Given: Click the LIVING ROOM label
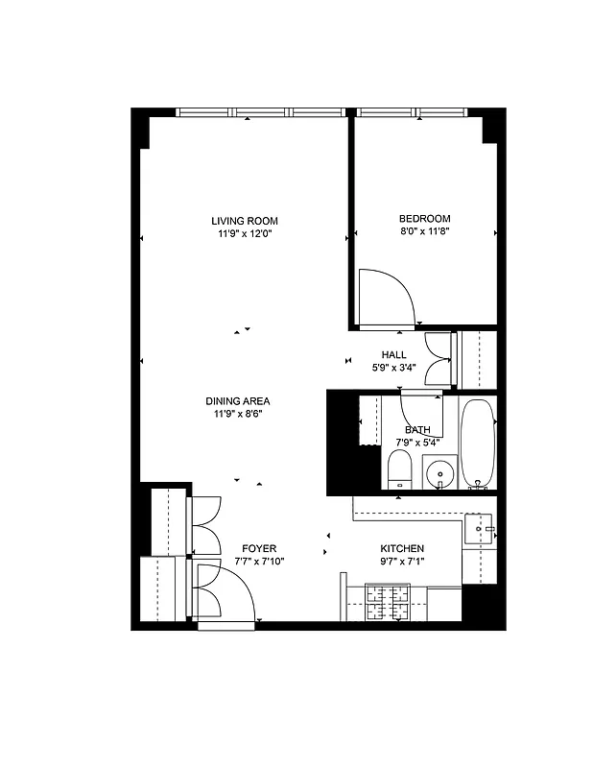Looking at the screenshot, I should coord(245,221).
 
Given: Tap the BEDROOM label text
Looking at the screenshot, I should coord(423,218).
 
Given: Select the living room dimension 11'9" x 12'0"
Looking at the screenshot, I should coord(245,233).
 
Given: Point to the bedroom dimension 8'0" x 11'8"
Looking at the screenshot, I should coord(423,230).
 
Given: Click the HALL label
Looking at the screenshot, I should coord(394,354).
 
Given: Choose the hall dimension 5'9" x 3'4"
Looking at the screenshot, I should coord(394,367).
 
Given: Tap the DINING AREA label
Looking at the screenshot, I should coord(237,401).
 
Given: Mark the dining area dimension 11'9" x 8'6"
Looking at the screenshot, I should coord(237,414).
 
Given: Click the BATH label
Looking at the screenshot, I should coord(417,429).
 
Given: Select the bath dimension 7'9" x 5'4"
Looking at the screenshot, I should coord(417,442).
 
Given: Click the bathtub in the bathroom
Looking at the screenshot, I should coord(477,443).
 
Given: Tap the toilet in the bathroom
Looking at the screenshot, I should coord(400,470).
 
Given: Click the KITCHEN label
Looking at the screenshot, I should coord(402,548).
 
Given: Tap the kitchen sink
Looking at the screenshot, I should coord(479,529).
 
